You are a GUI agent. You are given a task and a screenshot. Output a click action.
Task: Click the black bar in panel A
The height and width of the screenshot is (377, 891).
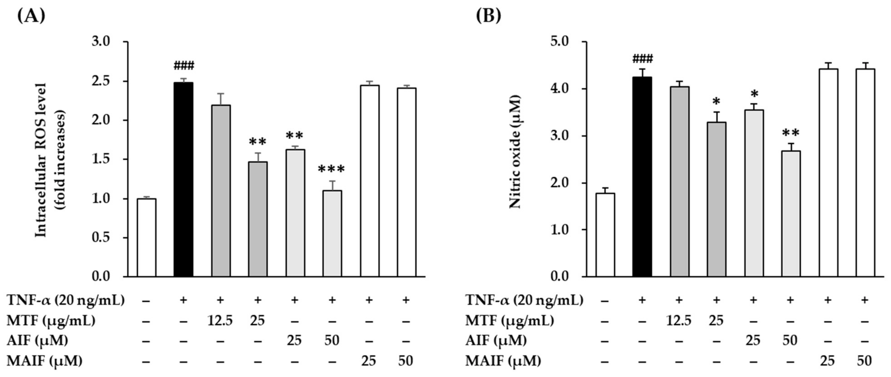pos(183,179)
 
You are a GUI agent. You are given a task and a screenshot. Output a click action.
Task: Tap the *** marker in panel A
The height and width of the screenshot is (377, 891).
pos(331,170)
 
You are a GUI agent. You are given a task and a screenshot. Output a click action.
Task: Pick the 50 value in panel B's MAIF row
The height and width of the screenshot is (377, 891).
pos(864,361)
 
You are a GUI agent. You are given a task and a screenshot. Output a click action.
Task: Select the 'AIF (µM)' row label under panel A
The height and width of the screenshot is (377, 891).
pos(37,341)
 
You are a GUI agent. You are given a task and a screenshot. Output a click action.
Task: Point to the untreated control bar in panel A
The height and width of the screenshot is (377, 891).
pos(146,237)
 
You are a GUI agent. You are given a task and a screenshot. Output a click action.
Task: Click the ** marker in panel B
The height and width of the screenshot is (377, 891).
pos(790,133)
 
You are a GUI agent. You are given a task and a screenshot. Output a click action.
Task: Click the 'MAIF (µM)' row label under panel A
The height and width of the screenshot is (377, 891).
pos(45,361)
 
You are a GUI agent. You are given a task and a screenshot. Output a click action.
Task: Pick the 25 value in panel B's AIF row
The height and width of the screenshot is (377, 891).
pos(753,341)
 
